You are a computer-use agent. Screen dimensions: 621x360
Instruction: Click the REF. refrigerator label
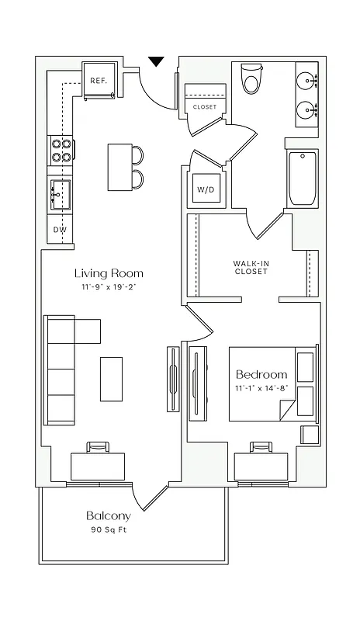98,81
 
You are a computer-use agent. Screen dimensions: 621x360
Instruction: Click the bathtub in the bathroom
301,179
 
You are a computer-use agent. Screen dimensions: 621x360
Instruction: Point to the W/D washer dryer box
206,189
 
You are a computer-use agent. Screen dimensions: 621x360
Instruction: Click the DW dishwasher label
60,231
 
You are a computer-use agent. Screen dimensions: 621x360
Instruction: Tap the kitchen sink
60,193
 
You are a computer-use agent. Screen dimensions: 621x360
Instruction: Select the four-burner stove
61,150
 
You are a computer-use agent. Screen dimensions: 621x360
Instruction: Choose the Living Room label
109,273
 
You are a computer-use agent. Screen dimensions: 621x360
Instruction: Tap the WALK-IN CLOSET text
251,268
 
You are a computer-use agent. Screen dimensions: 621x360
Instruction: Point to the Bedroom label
261,374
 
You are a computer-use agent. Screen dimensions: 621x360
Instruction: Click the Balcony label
109,515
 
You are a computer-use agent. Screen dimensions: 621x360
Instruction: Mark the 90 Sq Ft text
109,531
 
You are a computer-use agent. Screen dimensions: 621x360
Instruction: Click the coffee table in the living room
111,378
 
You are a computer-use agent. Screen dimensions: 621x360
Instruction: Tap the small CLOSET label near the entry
205,107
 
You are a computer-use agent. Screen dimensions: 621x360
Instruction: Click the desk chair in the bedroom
260,448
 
